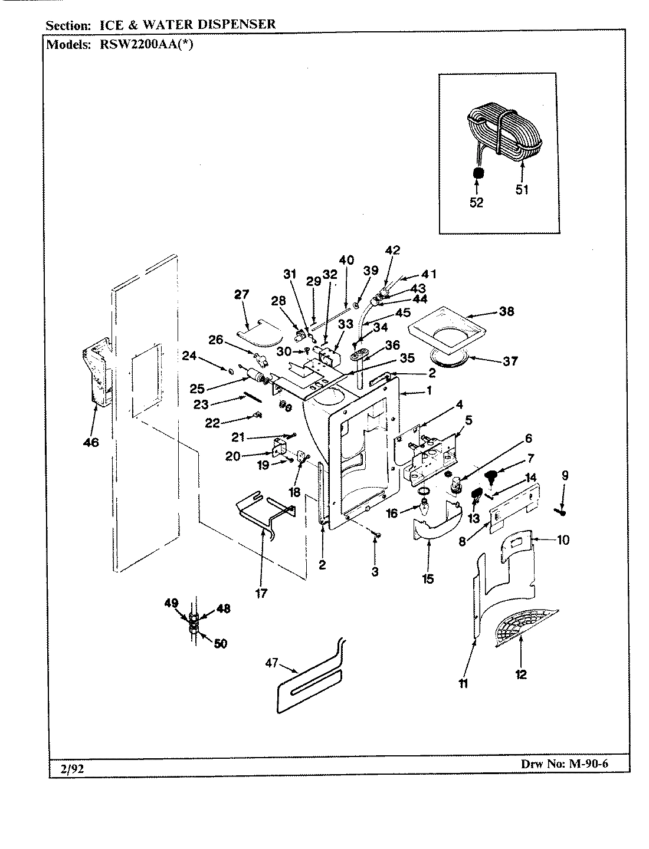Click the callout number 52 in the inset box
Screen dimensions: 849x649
coord(476,202)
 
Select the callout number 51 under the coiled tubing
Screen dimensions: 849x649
coord(522,189)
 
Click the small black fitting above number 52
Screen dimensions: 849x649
coord(479,174)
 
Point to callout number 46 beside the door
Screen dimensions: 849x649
coord(90,442)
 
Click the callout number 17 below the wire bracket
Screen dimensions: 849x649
coord(261,593)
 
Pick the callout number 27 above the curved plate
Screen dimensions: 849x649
coord(242,295)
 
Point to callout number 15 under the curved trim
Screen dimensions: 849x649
coord(428,578)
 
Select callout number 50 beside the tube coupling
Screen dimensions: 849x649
coord(220,643)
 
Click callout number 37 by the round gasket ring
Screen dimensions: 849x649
coord(510,360)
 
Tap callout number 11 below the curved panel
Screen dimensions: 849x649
coord(463,683)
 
